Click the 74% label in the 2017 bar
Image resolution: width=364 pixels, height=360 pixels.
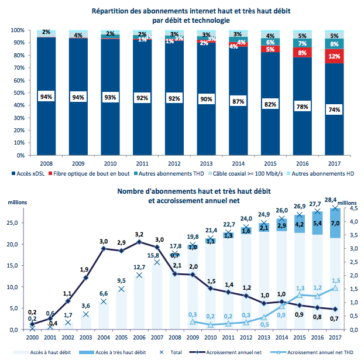(x=334, y=110)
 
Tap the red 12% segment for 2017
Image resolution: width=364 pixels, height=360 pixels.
(x=334, y=57)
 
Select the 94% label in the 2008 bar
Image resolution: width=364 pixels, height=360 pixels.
(x=46, y=97)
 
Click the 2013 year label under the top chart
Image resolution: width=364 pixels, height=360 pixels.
(x=205, y=164)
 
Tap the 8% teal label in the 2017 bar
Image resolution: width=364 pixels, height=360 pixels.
(x=334, y=44)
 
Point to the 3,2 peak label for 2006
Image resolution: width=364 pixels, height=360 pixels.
(x=139, y=234)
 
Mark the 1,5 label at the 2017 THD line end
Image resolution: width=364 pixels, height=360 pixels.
(x=335, y=281)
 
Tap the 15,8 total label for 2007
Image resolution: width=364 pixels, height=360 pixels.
(x=154, y=255)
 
